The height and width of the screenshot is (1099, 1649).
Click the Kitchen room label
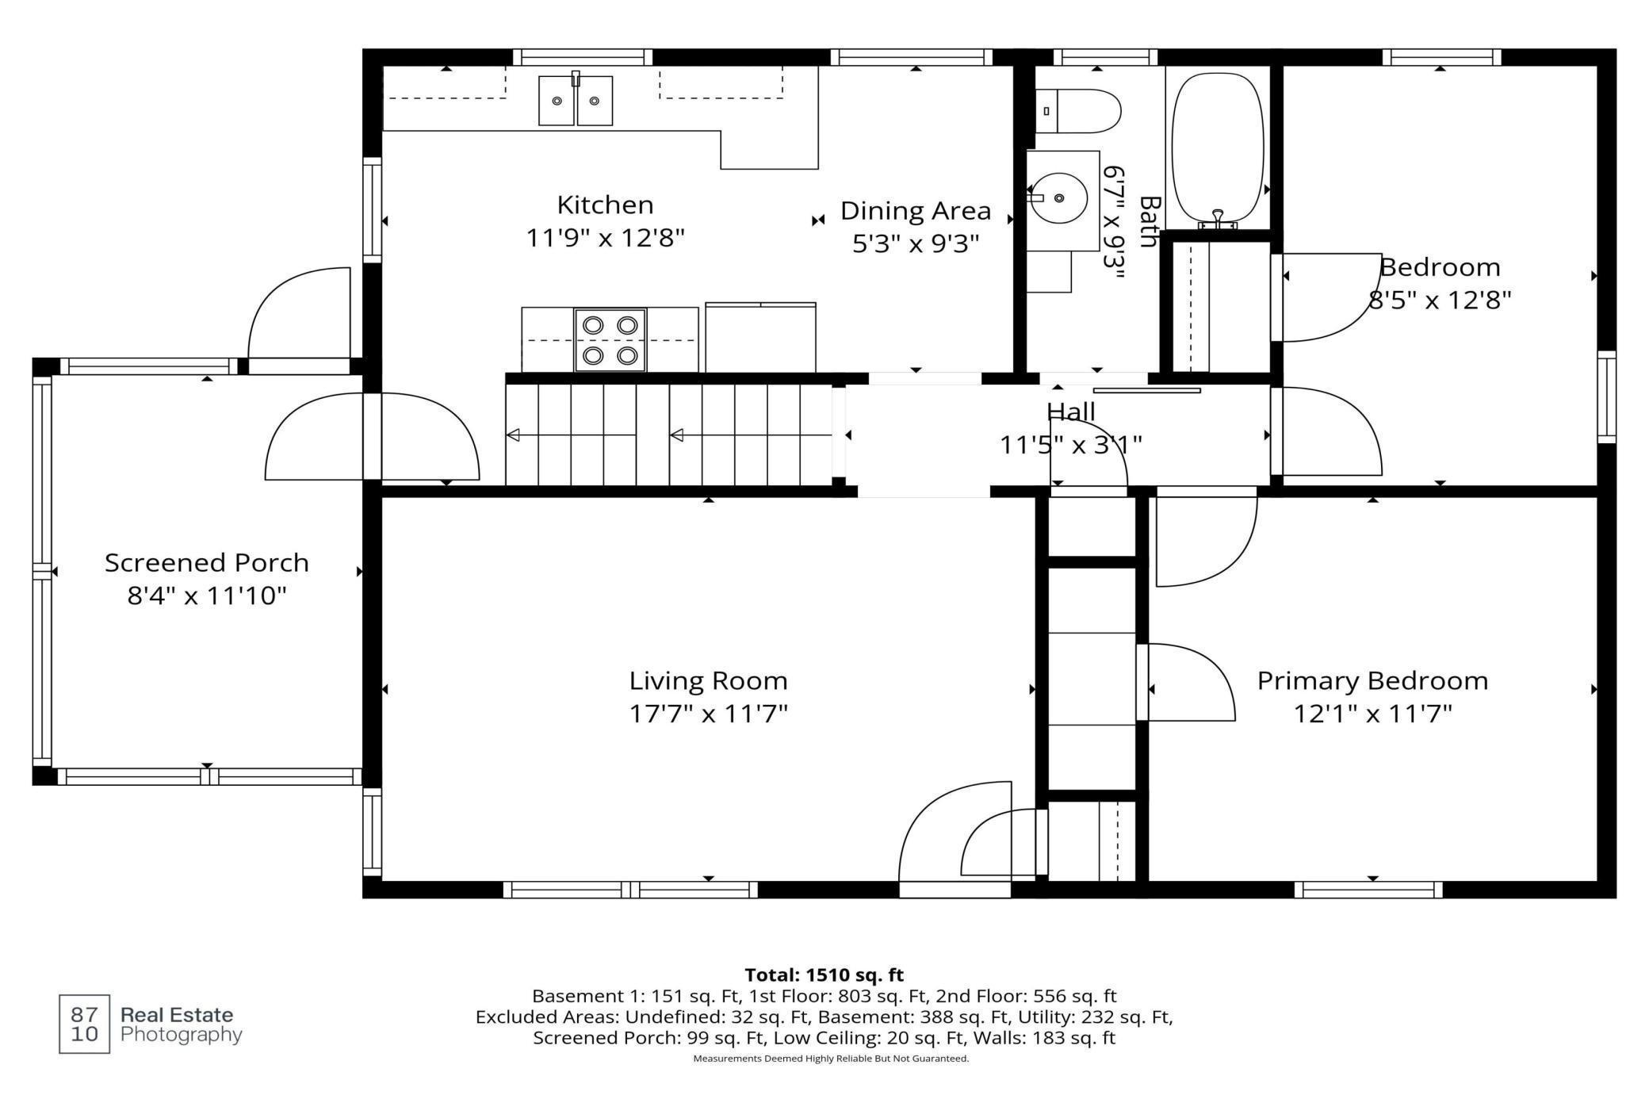point(605,205)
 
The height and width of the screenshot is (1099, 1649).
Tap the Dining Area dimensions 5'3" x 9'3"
point(916,243)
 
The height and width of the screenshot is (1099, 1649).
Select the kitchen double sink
point(576,100)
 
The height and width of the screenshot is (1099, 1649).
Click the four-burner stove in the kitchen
point(610,340)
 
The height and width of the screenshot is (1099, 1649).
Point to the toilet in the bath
point(1078,111)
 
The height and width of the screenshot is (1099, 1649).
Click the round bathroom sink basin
point(1058,198)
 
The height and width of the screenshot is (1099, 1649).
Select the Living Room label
point(708,680)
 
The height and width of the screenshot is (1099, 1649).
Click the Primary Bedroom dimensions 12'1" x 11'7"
point(1372,714)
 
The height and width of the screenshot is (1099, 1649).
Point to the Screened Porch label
point(207,562)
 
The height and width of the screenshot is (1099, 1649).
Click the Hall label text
point(1070,412)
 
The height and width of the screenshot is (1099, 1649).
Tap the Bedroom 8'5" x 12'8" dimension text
point(1440,300)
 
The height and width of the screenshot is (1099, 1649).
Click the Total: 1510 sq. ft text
point(824,975)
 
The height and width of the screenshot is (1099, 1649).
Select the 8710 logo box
point(85,1024)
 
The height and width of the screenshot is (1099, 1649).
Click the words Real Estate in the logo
point(177,1014)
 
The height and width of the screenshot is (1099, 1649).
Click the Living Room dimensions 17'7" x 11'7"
point(708,714)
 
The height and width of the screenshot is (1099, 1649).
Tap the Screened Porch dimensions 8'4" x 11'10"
point(207,595)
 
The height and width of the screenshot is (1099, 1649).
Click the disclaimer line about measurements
point(831,1059)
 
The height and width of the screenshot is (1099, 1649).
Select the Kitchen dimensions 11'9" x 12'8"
point(605,238)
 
